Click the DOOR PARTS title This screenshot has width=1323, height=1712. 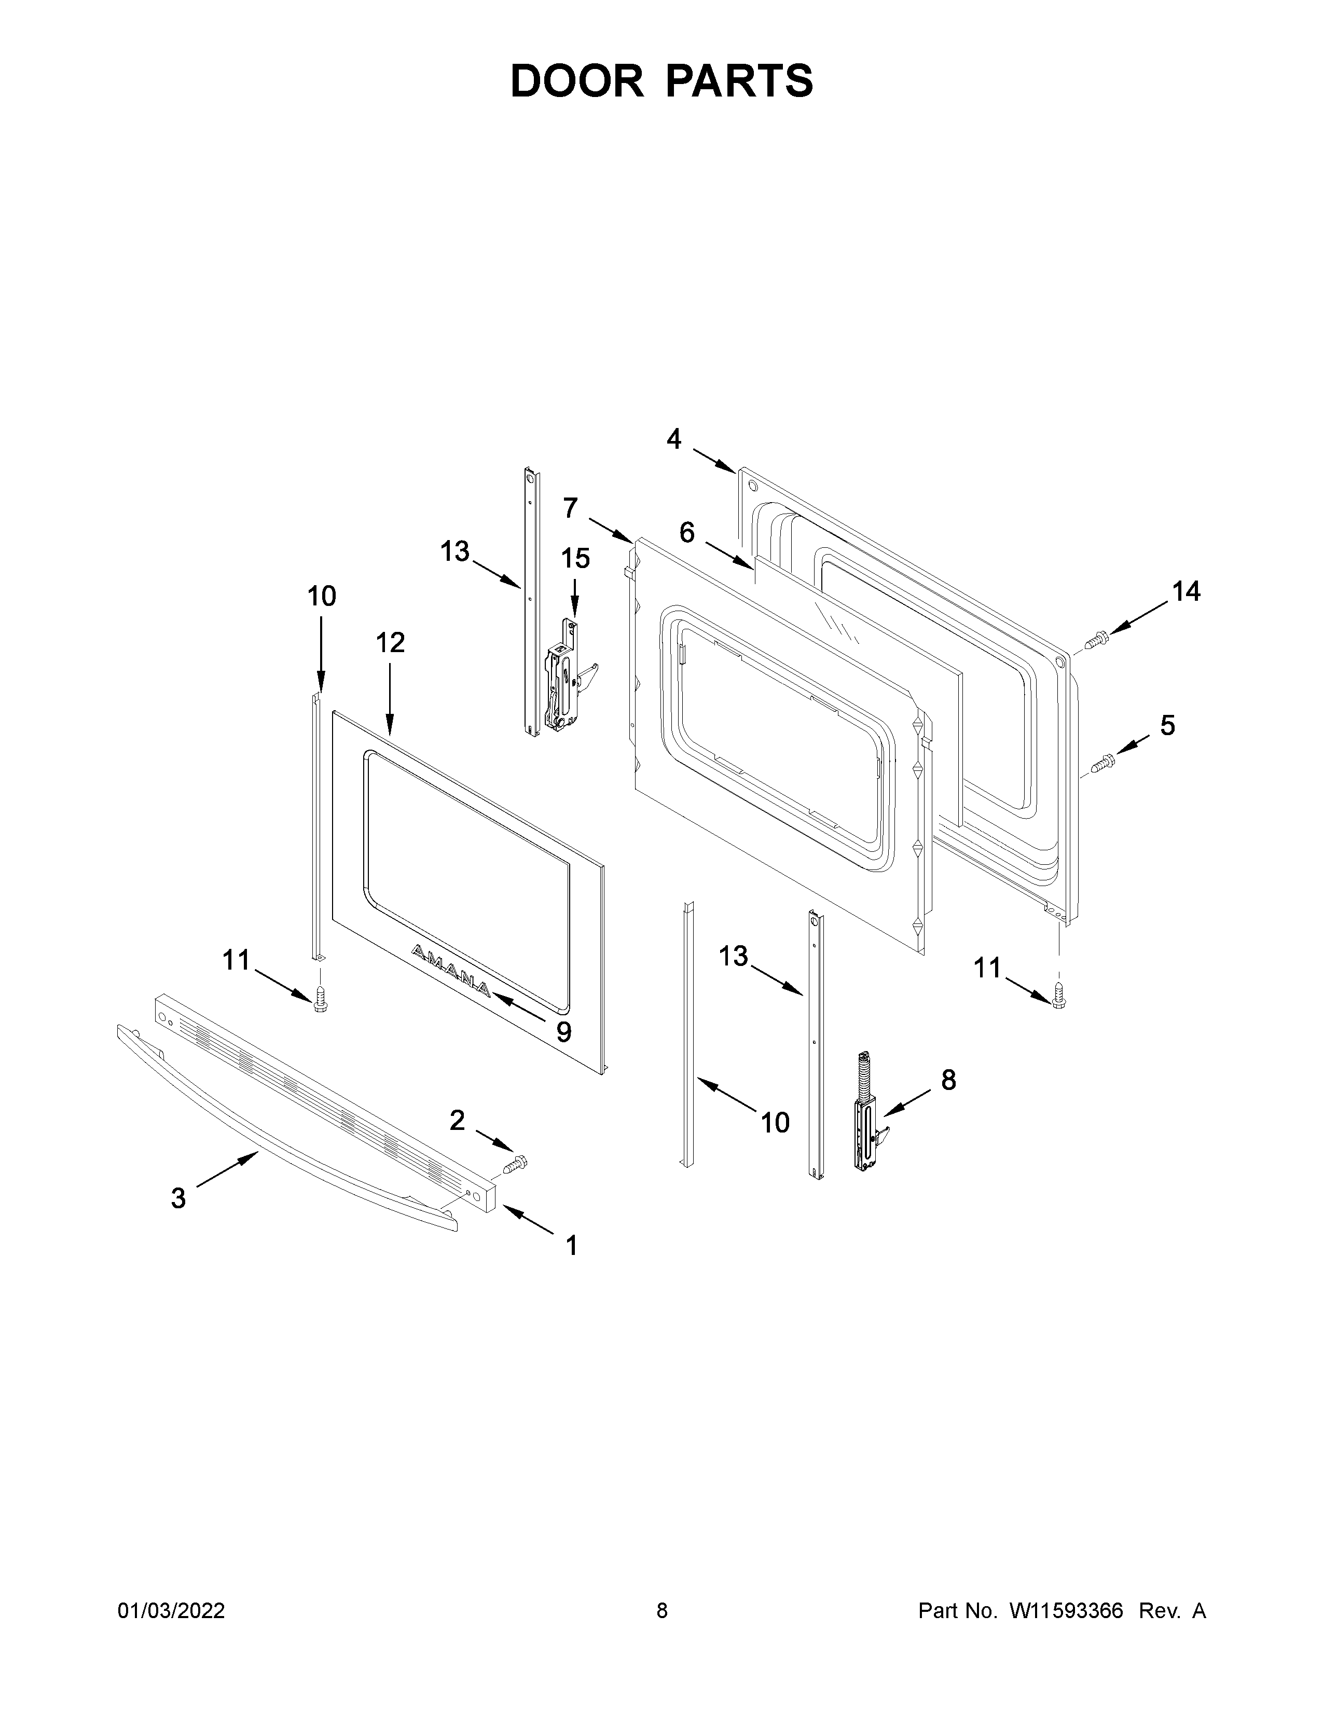(661, 81)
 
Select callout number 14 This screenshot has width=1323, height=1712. (1187, 592)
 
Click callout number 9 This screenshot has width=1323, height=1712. (563, 1031)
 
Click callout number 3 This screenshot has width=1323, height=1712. (178, 1198)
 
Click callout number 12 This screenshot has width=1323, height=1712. (390, 643)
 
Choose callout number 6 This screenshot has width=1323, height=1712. (686, 533)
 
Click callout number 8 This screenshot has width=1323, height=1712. (948, 1080)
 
